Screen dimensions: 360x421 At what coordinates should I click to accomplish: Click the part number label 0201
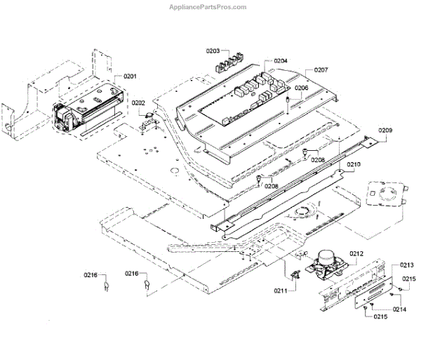point(131,76)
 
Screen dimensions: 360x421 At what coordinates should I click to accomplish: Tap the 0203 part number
point(213,51)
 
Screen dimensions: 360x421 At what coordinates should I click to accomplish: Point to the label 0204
point(281,61)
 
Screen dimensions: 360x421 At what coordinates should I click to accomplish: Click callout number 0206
point(301,88)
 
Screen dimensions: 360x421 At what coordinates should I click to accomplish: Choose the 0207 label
point(321,70)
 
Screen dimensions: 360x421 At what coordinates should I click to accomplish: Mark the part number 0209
point(386,131)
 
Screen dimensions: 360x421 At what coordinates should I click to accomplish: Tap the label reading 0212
point(356,253)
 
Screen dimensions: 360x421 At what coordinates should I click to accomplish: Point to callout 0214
point(400,309)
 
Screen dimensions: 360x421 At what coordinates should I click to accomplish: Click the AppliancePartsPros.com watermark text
point(208,6)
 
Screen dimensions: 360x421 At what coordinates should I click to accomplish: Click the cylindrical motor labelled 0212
point(327,262)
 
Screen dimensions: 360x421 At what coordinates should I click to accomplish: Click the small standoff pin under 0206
point(288,103)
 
